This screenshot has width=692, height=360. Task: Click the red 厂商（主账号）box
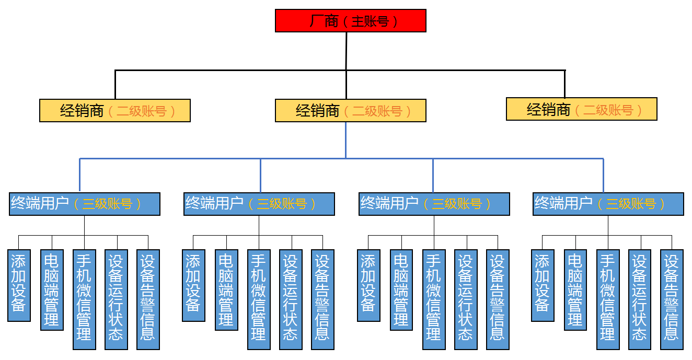351,21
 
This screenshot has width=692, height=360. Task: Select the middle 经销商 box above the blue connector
351,111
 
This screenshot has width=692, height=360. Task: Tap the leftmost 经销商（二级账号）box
115,111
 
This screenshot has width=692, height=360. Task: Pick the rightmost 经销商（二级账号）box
582,109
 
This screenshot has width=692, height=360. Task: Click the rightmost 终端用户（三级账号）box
608,204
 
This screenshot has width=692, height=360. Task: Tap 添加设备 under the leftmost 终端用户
19,285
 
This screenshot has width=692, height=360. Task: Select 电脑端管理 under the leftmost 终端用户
52,290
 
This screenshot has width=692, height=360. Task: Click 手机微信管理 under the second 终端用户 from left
259,299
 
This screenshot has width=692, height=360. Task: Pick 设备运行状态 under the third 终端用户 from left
466,299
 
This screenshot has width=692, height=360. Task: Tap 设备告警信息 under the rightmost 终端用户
672,299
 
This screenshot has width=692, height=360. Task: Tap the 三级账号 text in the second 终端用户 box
282,204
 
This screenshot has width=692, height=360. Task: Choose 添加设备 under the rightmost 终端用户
543,285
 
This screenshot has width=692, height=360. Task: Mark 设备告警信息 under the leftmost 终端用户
148,299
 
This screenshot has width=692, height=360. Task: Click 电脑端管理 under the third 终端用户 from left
401,290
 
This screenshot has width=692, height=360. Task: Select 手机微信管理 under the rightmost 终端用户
608,299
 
